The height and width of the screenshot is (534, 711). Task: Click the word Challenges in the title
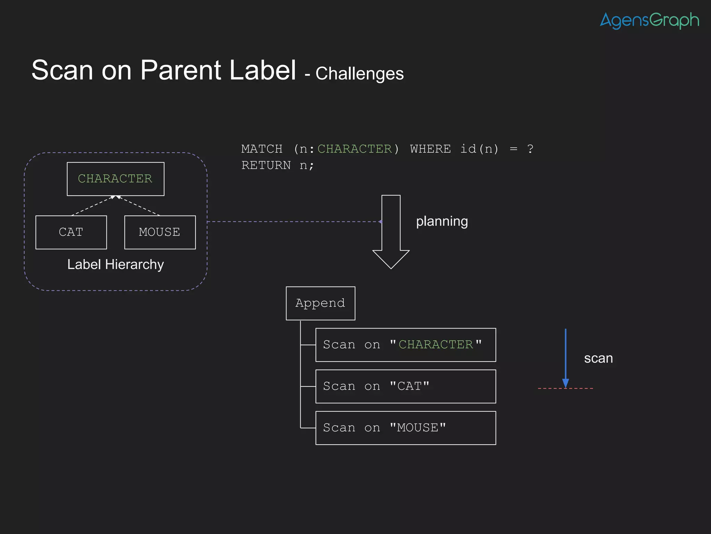359,74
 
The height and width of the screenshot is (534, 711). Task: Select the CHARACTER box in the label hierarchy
115,179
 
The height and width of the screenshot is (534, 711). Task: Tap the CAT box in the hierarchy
71,232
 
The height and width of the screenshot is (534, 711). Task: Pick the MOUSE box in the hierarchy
160,232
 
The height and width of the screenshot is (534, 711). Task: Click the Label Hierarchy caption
115,265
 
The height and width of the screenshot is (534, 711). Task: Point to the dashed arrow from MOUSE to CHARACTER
139,206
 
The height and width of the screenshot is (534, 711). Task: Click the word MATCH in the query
262,149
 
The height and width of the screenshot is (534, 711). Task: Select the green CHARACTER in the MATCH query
354,149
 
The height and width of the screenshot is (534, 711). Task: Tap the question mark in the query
530,149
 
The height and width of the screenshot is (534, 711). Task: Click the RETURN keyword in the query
266,165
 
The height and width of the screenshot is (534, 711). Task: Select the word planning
442,221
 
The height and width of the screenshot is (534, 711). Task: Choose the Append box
320,303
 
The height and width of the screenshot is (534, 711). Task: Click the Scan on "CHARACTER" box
405,345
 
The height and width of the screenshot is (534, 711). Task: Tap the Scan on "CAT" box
405,386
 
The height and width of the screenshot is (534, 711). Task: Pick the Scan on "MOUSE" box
405,428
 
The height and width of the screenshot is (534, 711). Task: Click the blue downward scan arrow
566,358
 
